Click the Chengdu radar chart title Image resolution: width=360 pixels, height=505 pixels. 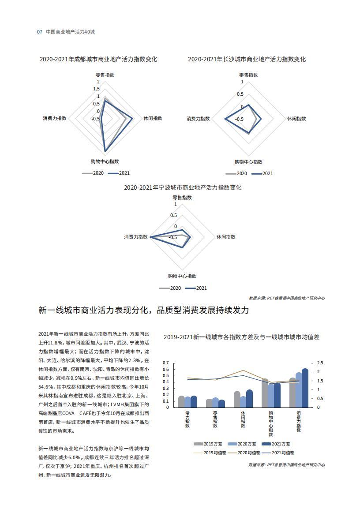coord(98,59)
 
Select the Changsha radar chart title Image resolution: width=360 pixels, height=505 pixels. coord(247,59)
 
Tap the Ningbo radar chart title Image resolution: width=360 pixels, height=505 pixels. coord(183,187)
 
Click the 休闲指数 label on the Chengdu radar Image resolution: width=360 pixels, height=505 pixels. coord(153,118)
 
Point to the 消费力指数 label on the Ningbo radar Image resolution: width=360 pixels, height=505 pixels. coord(136,237)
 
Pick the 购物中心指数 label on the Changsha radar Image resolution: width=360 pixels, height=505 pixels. coord(248,162)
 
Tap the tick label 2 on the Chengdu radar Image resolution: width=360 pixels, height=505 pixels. coord(99,82)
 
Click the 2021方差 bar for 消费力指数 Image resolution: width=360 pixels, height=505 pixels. coord(305,388)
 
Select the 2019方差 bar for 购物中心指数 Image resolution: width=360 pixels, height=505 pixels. coord(265,393)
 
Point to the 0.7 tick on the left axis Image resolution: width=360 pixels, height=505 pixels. coord(166,363)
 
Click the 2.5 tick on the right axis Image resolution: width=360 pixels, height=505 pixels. coord(320,363)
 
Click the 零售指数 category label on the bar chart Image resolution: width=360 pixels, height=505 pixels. coord(215,419)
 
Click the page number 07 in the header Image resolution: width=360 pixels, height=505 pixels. coord(39,32)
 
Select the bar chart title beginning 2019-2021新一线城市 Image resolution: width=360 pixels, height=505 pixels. coord(241,337)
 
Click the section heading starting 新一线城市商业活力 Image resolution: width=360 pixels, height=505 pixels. coord(144,310)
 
